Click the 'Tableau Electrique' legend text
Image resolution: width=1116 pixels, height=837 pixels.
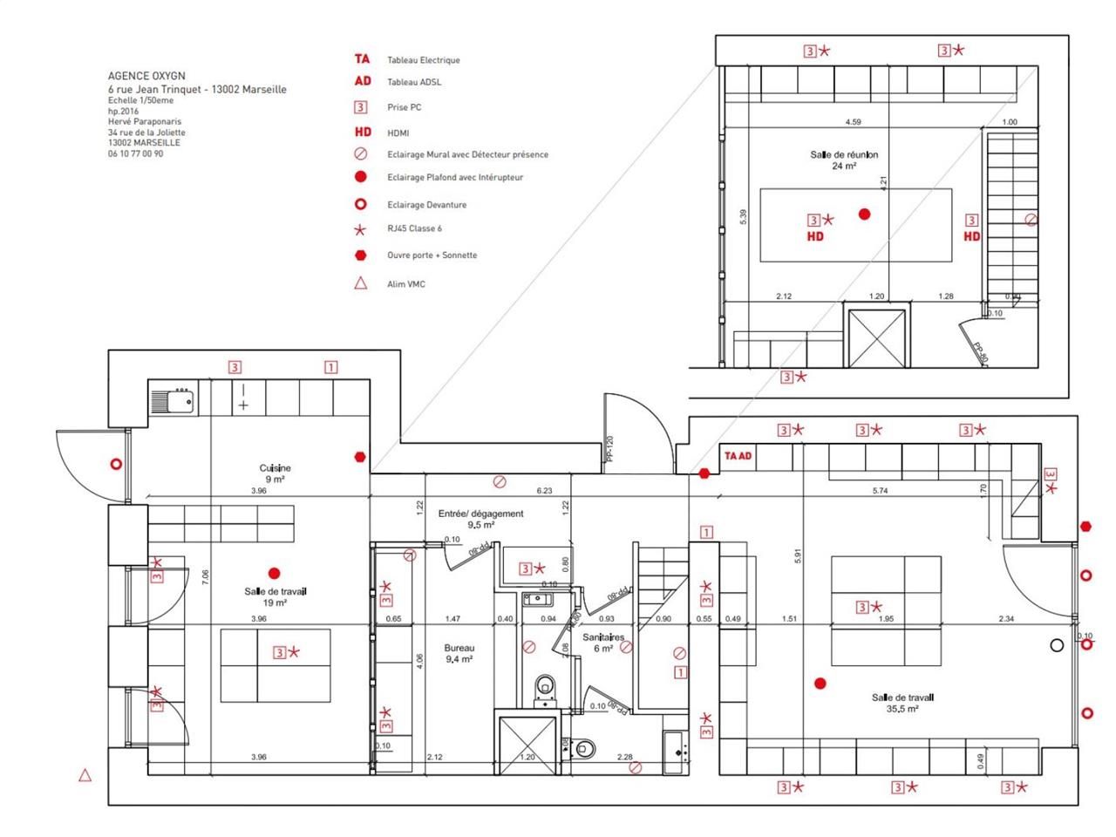pyautogui.click(x=423, y=60)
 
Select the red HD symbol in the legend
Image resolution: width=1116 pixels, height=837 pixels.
pyautogui.click(x=363, y=133)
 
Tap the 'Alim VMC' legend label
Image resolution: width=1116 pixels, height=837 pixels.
pyautogui.click(x=406, y=284)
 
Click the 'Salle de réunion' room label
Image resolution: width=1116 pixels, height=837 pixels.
pyautogui.click(x=844, y=154)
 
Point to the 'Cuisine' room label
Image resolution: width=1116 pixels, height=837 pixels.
pyautogui.click(x=275, y=468)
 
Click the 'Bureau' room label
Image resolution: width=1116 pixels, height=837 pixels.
pyautogui.click(x=459, y=648)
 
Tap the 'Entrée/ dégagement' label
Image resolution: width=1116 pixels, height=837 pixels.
pyautogui.click(x=480, y=514)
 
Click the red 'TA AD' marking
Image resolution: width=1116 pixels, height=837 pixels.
pyautogui.click(x=738, y=456)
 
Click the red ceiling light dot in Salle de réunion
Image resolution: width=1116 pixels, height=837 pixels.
pyautogui.click(x=864, y=214)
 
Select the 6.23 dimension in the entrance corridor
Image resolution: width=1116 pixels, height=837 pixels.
pyautogui.click(x=544, y=491)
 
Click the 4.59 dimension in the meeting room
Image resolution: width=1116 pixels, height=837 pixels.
pyautogui.click(x=853, y=122)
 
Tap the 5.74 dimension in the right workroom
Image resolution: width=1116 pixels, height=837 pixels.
pyautogui.click(x=881, y=491)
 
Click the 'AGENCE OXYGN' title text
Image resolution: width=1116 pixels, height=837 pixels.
pyautogui.click(x=146, y=77)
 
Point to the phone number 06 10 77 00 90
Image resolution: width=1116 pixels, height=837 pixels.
pyautogui.click(x=135, y=154)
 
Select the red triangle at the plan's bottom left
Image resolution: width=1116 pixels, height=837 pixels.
pyautogui.click(x=85, y=775)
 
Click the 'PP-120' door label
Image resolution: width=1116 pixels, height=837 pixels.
pyautogui.click(x=609, y=448)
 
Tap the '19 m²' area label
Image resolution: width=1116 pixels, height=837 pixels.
pyautogui.click(x=275, y=602)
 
